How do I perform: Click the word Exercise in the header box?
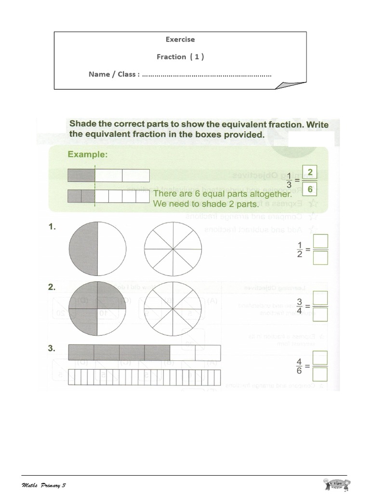(180, 40)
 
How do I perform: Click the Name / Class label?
(114, 74)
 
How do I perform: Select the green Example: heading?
(88, 154)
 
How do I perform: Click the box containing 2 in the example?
(310, 172)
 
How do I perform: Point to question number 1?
(52, 226)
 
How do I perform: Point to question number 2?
(52, 287)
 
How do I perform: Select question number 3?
(52, 348)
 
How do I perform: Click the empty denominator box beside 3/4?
(320, 315)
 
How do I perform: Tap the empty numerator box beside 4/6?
(320, 357)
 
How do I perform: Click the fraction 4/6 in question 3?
(299, 366)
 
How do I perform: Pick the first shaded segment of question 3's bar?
(81, 353)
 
